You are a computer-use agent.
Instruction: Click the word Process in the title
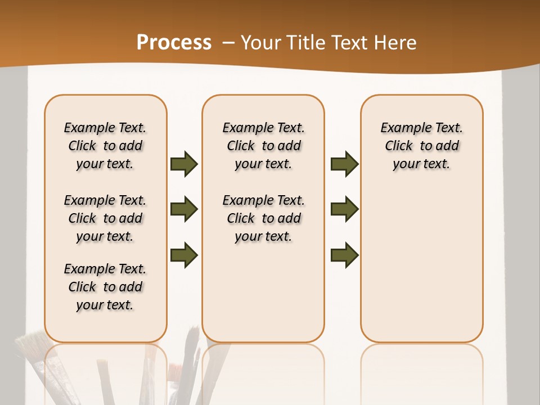(174, 43)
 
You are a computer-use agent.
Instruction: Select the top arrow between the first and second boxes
(184, 164)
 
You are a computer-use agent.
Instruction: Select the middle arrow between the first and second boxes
(184, 210)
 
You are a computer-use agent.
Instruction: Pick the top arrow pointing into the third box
(344, 164)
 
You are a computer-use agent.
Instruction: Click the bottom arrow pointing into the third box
(344, 255)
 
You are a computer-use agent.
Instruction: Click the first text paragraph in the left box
(105, 146)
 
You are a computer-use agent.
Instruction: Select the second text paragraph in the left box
(105, 218)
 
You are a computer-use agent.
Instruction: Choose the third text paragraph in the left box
(105, 287)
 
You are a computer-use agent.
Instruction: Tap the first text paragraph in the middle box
(263, 146)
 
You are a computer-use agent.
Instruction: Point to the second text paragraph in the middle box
(263, 218)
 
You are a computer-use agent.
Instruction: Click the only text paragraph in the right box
(421, 146)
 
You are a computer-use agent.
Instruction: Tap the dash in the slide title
(228, 43)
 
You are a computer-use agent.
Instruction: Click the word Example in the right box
(400, 128)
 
